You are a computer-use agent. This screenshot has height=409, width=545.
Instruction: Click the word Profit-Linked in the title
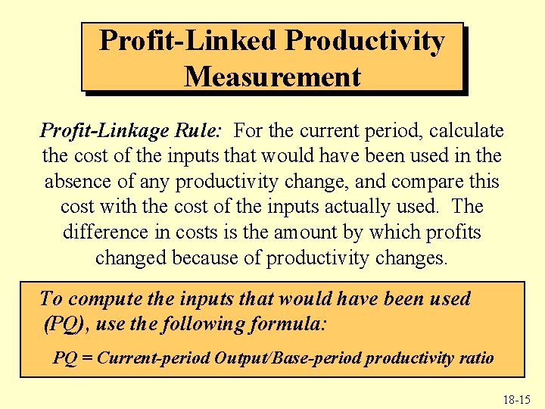186,41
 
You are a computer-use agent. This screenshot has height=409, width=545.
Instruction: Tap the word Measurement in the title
272,76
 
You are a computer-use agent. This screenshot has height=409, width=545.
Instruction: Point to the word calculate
467,131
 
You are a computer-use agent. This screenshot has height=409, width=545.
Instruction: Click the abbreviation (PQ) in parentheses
65,325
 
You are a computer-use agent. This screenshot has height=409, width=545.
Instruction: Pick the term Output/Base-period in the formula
267,358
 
